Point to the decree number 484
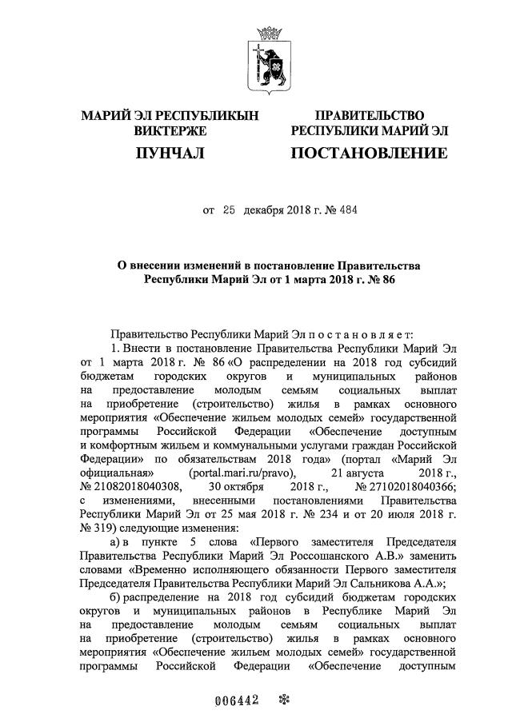[349, 211]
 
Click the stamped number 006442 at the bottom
[237, 700]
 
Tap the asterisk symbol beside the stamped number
[282, 700]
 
